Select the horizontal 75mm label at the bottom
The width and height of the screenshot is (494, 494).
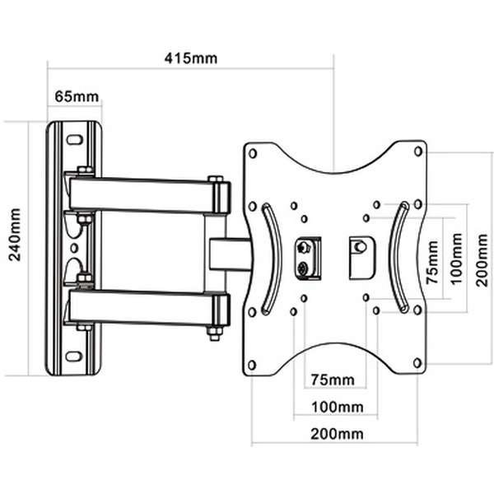(x=333, y=380)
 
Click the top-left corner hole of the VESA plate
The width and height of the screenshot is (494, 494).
(x=253, y=153)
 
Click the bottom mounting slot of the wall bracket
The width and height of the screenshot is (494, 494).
(x=74, y=357)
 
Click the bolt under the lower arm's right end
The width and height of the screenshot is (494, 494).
(x=214, y=333)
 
